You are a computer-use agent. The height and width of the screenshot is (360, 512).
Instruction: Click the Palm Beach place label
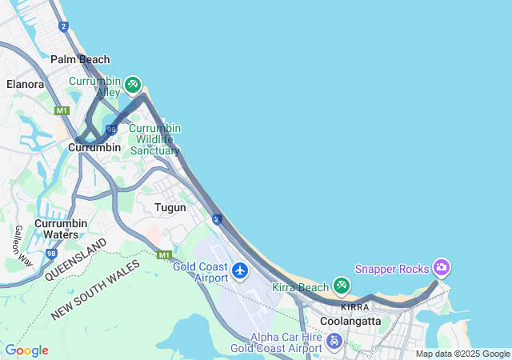coord(80,59)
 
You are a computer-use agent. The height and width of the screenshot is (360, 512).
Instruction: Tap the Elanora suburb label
coord(25,83)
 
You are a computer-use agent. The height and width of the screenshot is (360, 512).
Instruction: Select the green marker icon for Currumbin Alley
coord(133,85)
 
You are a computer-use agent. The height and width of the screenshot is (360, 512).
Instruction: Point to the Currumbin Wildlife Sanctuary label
coord(155,139)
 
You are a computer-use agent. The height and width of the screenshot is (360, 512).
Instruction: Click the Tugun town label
coord(170,207)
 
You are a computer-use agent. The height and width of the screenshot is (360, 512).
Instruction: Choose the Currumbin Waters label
coord(56,229)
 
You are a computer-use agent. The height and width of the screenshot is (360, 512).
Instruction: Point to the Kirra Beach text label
coord(301,287)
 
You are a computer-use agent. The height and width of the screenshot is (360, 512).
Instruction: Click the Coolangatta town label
coord(350,320)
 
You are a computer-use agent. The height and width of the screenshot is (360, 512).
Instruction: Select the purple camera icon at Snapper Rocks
coord(441,266)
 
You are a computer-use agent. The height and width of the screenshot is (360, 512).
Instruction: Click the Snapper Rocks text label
coord(392,269)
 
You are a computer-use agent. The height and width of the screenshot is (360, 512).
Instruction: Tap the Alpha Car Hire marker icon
coord(334,341)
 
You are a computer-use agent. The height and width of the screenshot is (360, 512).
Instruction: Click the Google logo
coord(26,350)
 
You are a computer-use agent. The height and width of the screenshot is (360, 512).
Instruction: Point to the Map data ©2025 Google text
coord(462,354)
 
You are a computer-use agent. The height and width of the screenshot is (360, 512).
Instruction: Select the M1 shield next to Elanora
coord(62,110)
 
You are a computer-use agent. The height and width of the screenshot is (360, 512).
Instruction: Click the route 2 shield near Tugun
coord(217,218)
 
